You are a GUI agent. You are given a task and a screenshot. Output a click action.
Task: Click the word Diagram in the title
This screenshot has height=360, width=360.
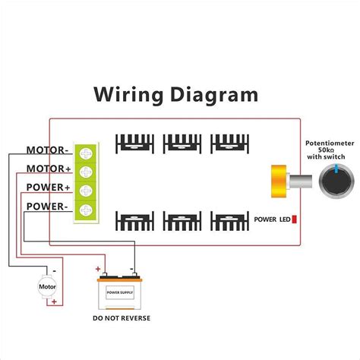pyautogui.click(x=216, y=94)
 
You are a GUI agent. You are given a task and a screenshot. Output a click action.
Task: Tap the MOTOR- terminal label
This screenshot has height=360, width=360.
pyautogui.click(x=49, y=150)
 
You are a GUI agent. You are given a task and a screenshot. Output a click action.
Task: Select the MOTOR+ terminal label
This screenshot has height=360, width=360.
pyautogui.click(x=49, y=169)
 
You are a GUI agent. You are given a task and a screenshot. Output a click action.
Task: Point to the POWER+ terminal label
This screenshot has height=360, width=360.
pyautogui.click(x=49, y=187)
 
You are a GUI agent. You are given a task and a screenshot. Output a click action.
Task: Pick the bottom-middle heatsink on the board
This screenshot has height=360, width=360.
pyautogui.click(x=182, y=221)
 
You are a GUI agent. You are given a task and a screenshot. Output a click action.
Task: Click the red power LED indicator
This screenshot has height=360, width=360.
pyautogui.click(x=294, y=219)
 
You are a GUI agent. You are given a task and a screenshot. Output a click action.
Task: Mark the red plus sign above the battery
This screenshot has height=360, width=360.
pyautogui.click(x=98, y=269)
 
